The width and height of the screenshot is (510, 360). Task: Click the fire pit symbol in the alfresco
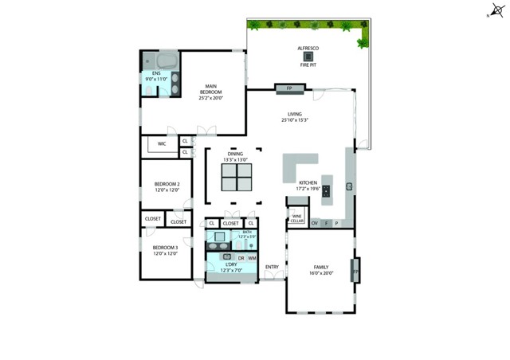click(x=308, y=57)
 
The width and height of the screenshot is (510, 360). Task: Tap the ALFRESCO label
click(x=308, y=48)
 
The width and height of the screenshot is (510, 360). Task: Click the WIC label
click(x=161, y=144)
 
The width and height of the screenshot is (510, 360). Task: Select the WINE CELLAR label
click(x=296, y=218)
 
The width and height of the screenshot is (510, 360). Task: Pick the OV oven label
click(x=314, y=223)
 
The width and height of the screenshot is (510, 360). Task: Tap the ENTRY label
click(x=272, y=266)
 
